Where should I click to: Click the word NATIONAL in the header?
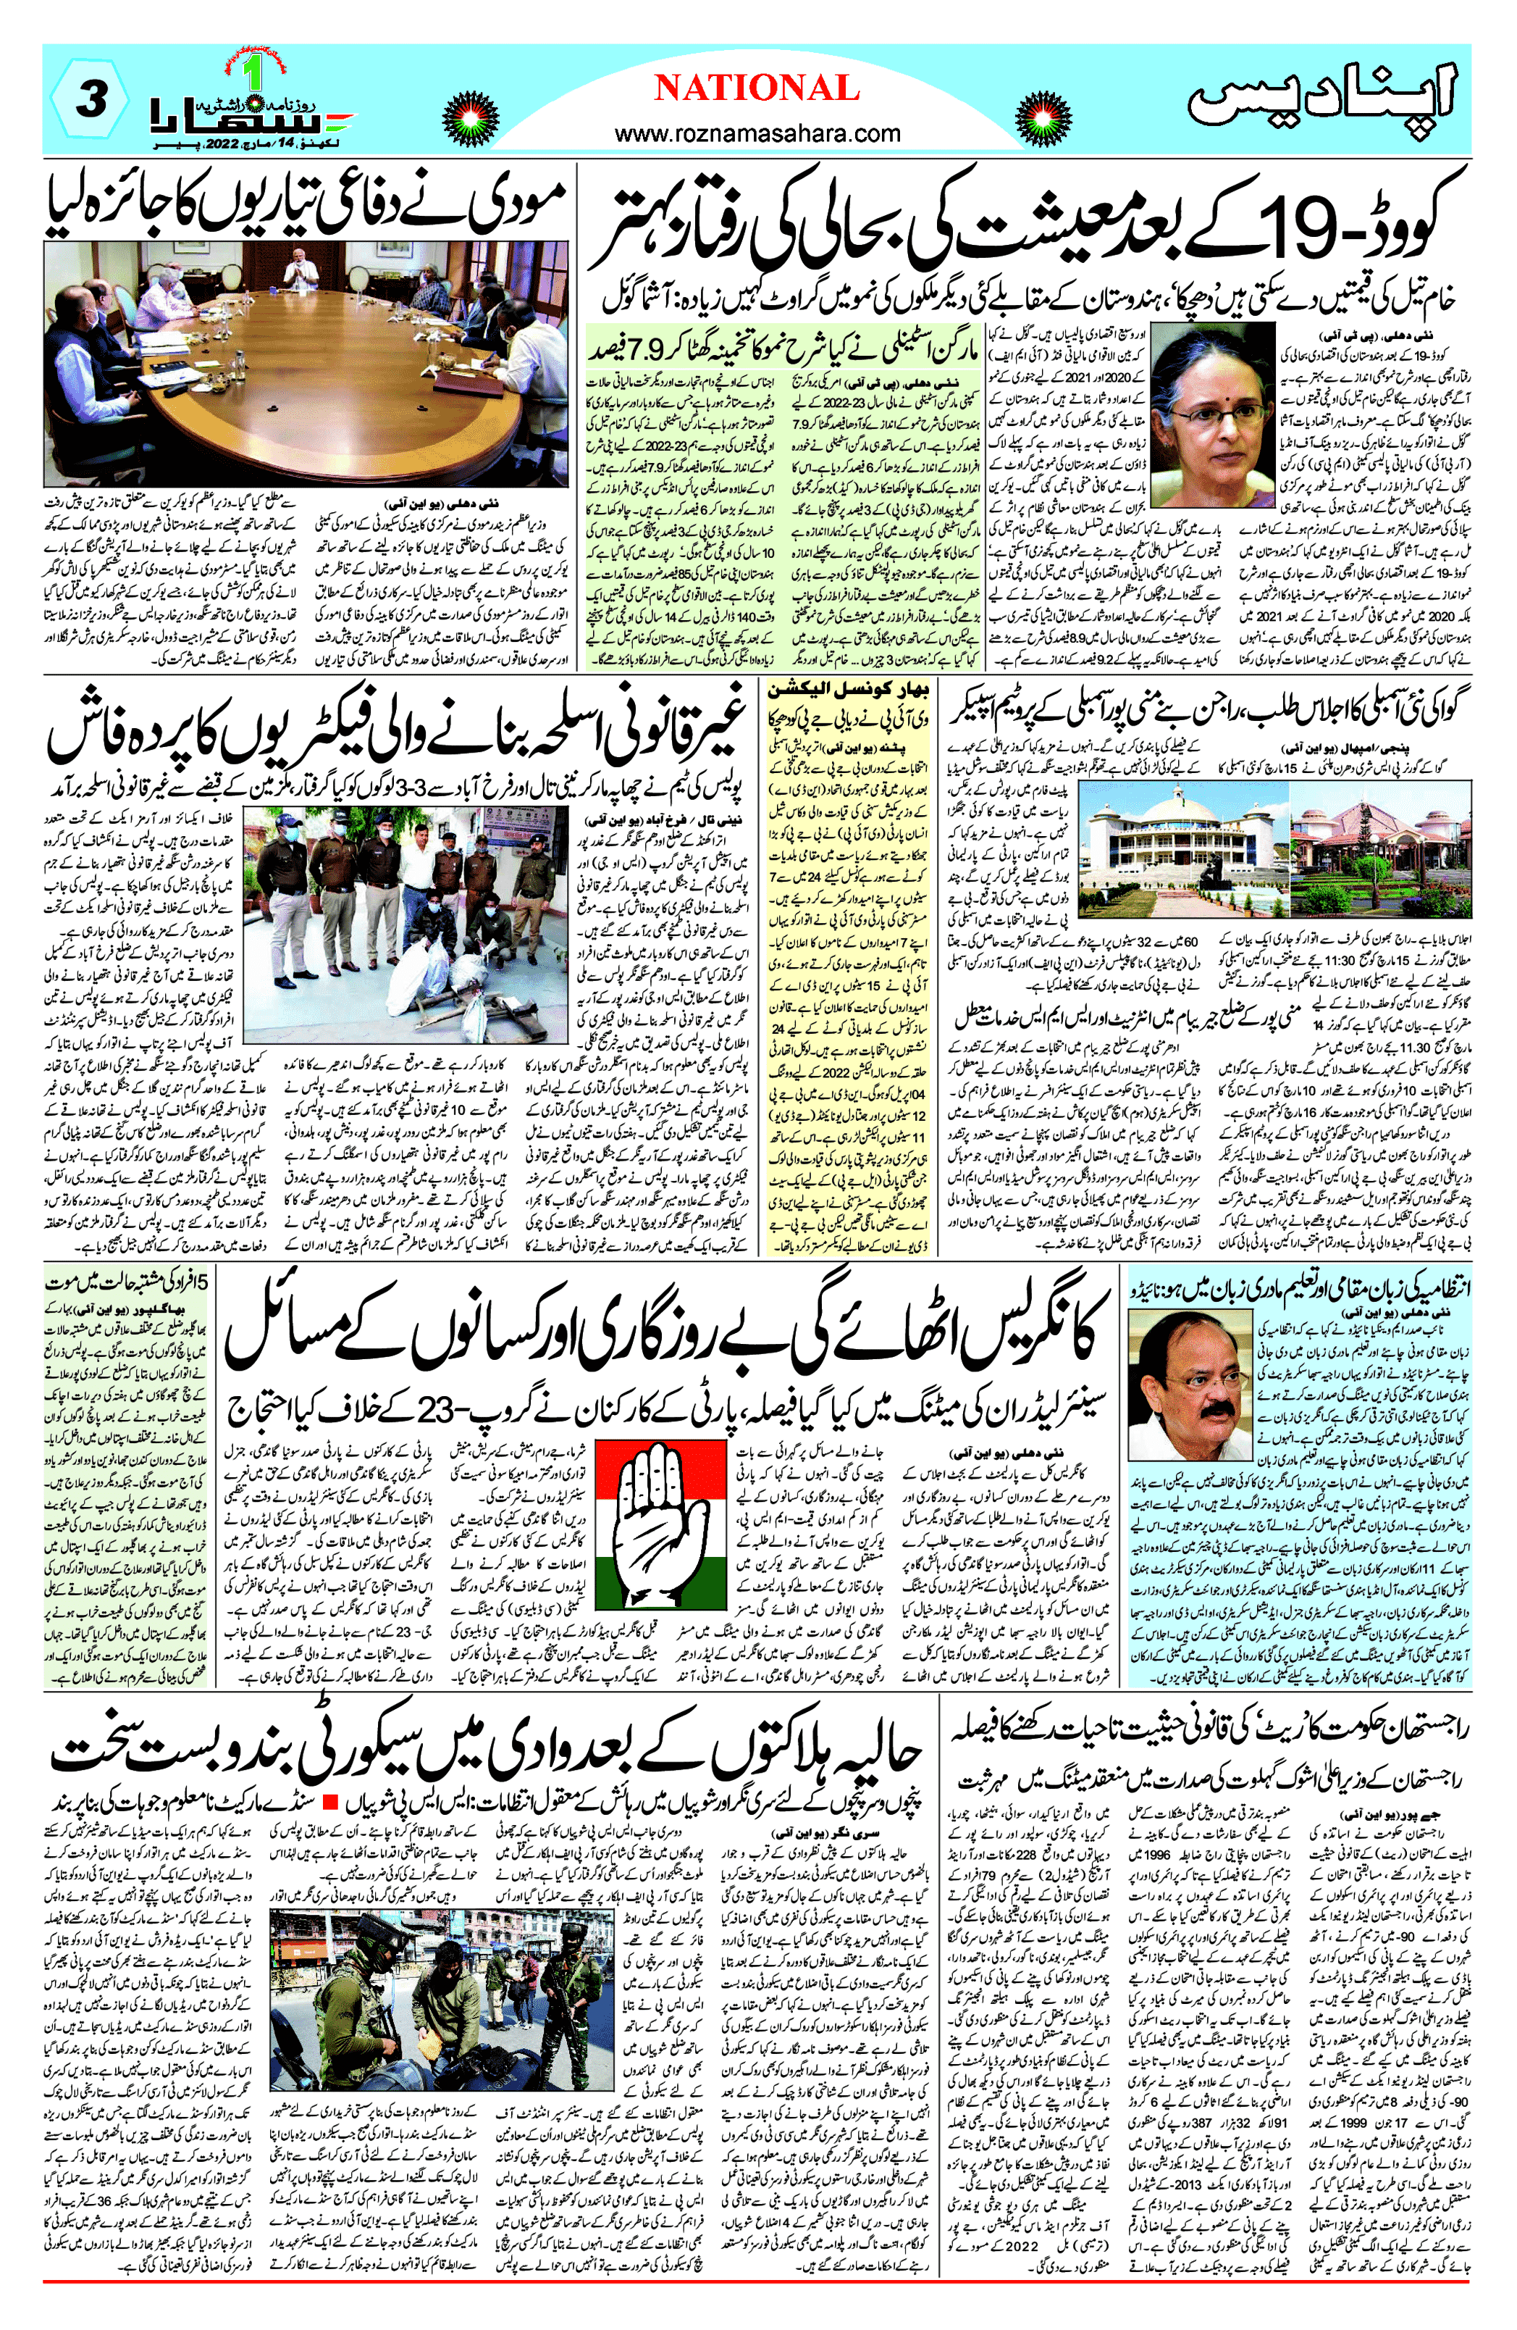click(x=757, y=88)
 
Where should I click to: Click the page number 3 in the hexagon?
click(x=90, y=101)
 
